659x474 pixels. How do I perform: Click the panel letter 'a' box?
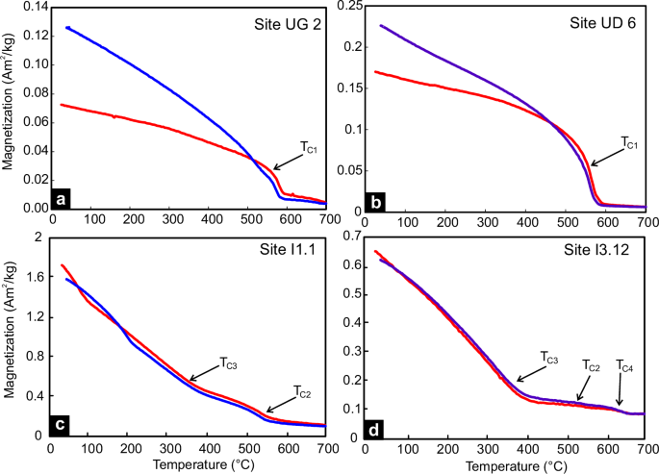62,200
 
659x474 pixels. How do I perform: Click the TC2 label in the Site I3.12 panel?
595,365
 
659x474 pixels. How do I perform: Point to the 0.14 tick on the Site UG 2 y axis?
31,7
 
